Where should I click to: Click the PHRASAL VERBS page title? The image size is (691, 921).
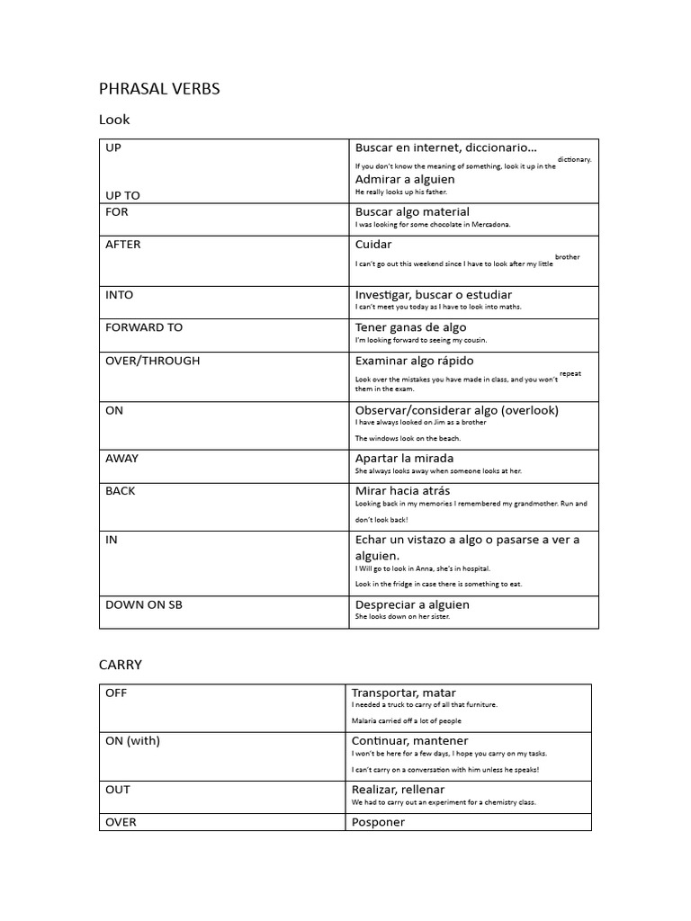click(158, 88)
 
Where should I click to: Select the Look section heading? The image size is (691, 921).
click(114, 120)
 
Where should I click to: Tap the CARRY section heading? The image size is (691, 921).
click(120, 665)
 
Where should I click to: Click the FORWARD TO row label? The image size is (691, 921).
click(144, 327)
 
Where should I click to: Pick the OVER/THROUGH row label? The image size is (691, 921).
click(153, 361)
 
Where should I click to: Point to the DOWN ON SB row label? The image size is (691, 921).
click(144, 604)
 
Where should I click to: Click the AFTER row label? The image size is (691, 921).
click(123, 245)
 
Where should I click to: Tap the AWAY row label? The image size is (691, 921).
click(122, 458)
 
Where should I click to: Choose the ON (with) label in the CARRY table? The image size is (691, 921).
click(132, 741)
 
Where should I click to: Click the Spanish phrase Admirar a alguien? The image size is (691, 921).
click(405, 179)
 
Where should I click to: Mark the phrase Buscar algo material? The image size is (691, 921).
click(412, 212)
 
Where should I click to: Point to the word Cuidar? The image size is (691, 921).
click(373, 245)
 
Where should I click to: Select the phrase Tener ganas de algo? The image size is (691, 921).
click(410, 327)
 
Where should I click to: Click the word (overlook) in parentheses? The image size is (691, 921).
click(530, 410)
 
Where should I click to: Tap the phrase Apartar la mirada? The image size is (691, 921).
click(404, 458)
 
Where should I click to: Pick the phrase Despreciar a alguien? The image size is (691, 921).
click(412, 604)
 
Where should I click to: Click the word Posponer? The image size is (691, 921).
click(378, 822)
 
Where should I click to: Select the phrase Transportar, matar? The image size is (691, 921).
click(403, 693)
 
